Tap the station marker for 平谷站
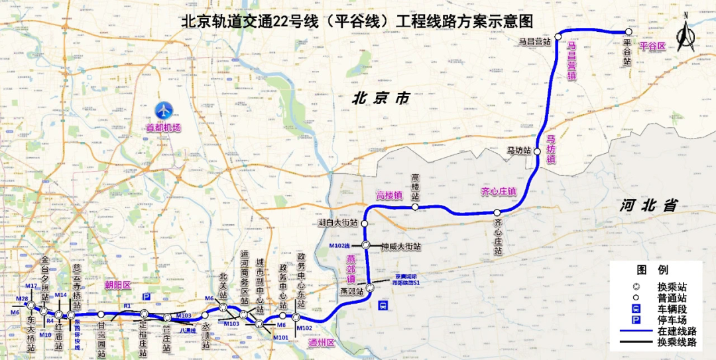627,32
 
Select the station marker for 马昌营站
559,35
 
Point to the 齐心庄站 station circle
497,213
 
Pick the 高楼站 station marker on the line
415,208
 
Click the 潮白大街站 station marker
365,223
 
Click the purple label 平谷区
652,46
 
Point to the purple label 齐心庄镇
498,192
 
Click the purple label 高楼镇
390,196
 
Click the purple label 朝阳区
118,284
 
